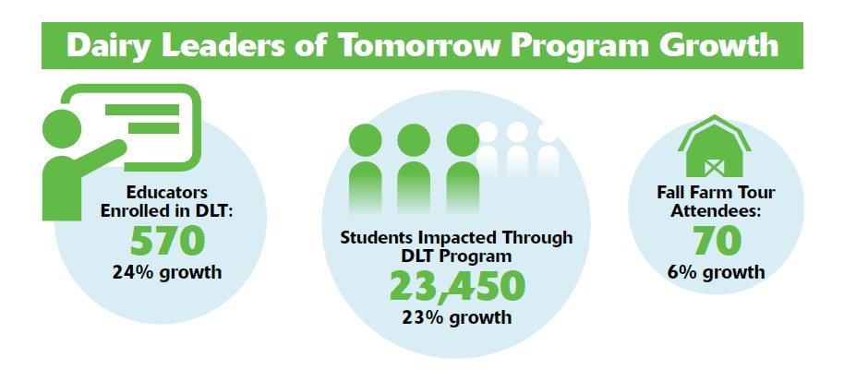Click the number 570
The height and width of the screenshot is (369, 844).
tap(167, 241)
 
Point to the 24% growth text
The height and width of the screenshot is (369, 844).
tap(167, 271)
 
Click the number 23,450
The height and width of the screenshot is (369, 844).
tap(456, 286)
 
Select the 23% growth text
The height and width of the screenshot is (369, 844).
tap(456, 316)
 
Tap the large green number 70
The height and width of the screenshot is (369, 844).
tap(717, 241)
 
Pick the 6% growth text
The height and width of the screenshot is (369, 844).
tap(716, 271)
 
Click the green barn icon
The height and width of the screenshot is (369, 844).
tap(715, 146)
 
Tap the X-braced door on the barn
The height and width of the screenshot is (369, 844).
tap(715, 167)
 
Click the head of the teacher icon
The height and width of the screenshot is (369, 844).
tap(62, 129)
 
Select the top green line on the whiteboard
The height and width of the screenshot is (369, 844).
tap(142, 110)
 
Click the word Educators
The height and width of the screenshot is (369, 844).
tap(167, 193)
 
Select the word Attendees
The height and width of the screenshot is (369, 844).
tap(716, 210)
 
